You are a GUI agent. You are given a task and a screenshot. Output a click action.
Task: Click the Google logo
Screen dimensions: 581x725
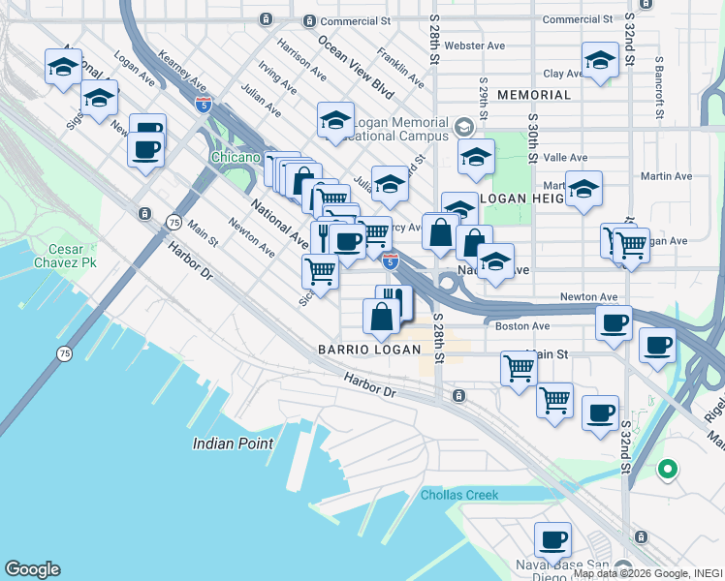click(32, 569)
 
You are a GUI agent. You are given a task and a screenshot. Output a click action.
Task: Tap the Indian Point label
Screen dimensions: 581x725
click(233, 443)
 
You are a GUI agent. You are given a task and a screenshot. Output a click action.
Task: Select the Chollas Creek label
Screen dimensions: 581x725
click(459, 495)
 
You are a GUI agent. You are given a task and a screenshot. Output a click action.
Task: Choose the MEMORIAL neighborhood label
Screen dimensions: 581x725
click(533, 95)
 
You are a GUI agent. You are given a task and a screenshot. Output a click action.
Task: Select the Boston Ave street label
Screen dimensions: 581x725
click(522, 326)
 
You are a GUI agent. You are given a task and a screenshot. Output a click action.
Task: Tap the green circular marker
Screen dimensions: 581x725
click(667, 471)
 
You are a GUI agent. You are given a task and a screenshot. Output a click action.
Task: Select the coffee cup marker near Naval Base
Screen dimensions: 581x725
click(553, 538)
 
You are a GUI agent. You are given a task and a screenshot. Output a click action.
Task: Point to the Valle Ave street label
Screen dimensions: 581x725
click(566, 158)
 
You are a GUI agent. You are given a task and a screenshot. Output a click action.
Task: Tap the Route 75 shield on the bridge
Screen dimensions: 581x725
click(63, 353)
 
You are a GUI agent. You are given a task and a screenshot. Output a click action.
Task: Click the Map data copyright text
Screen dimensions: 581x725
click(647, 573)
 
